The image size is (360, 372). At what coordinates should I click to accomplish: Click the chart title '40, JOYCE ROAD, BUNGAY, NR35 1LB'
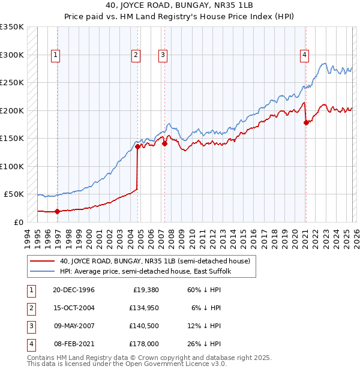pyautogui.click(x=179, y=7)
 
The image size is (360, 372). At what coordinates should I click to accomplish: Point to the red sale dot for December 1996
pyautogui.click(x=57, y=211)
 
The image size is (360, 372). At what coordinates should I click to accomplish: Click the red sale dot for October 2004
pyautogui.click(x=137, y=146)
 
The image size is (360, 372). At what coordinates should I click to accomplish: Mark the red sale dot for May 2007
pyautogui.click(x=164, y=143)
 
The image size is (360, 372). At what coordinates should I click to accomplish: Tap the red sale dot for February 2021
pyautogui.click(x=306, y=122)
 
